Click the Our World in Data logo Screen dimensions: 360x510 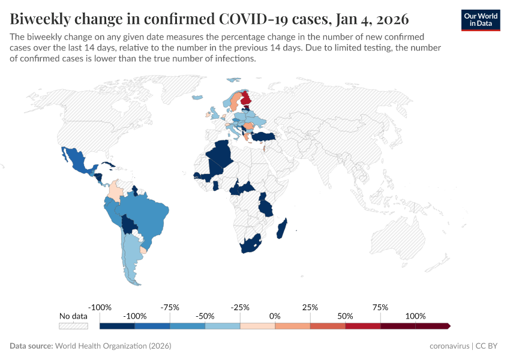click(x=481, y=20)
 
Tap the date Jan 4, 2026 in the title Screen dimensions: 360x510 click(x=371, y=19)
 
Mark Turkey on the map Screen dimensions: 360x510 click(x=263, y=137)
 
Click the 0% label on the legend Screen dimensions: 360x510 click(x=275, y=316)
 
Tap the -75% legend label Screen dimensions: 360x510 click(x=170, y=307)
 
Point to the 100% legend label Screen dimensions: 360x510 click(x=415, y=316)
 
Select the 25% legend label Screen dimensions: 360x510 click(x=310, y=307)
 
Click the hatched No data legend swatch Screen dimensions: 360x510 click(x=73, y=326)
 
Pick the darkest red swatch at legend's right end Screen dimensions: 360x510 click(x=432, y=326)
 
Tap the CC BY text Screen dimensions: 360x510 click(x=488, y=346)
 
